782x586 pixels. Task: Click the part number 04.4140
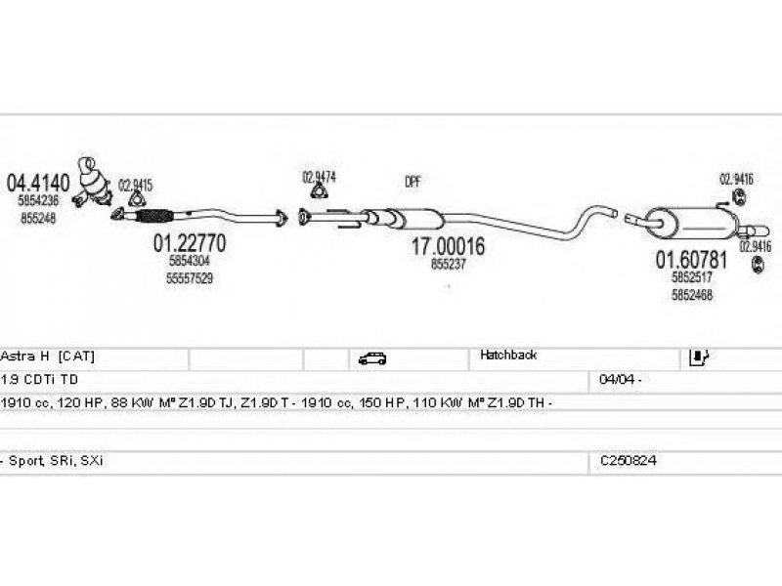[40, 182]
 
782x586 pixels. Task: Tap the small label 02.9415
[135, 185]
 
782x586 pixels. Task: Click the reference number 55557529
[189, 278]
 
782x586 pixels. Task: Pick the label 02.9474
[319, 177]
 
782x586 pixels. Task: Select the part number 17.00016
[448, 248]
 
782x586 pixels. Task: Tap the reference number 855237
[449, 265]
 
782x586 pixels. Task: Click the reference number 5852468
[691, 295]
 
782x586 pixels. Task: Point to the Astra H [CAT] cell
[48, 356]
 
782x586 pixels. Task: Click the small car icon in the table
[372, 357]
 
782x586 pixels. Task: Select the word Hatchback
[508, 356]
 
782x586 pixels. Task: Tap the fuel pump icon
[699, 356]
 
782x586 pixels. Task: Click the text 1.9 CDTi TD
[42, 378]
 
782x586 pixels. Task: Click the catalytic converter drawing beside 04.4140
[96, 180]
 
